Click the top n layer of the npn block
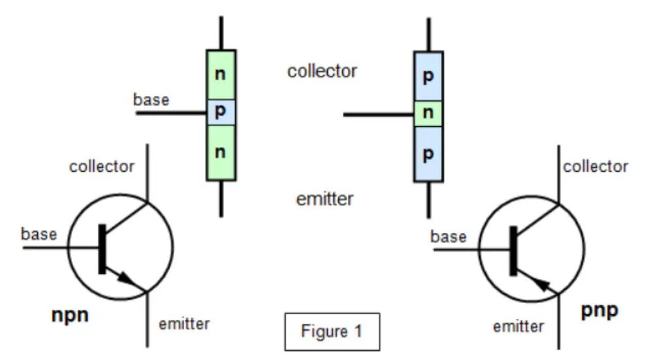221,74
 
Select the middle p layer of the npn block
221,112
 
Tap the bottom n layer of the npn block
221,152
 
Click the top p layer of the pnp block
428,76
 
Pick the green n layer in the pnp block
428,114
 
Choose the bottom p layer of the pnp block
428,154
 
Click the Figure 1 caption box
332,331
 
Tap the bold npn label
70,316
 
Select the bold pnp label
599,311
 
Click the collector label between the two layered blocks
322,71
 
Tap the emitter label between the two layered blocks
324,199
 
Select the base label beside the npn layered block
151,100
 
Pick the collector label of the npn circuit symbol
102,167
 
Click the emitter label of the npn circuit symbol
185,323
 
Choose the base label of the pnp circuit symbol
448,237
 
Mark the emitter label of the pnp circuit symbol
518,326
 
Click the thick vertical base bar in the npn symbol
102,248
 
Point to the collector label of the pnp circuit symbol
595,167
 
